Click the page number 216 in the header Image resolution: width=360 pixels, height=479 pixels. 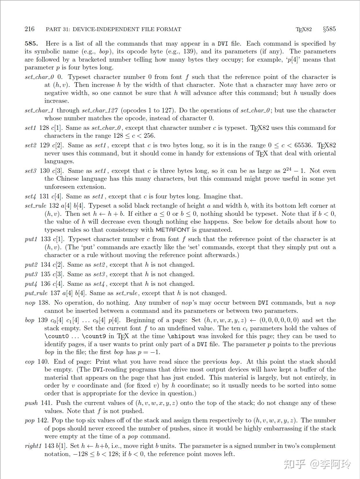pos(29,29)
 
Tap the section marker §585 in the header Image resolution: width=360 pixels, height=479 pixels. pos(329,29)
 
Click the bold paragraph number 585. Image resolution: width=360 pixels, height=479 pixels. pos(31,44)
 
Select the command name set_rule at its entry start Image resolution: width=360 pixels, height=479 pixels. pos(35,206)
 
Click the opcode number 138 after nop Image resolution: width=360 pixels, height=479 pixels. pos(44,303)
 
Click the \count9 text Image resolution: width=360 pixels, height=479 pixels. pos(95,336)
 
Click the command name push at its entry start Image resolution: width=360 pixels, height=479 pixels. pos(31,403)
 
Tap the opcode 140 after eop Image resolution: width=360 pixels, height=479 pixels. pos(43,362)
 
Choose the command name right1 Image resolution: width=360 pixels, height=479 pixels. pos(33,446)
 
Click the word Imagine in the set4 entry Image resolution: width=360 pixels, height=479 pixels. pos(216,196)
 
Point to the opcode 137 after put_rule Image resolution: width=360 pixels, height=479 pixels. pos(55,293)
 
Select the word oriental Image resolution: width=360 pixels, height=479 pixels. pos(323,153)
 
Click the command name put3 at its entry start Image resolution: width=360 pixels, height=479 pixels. pos(31,274)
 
